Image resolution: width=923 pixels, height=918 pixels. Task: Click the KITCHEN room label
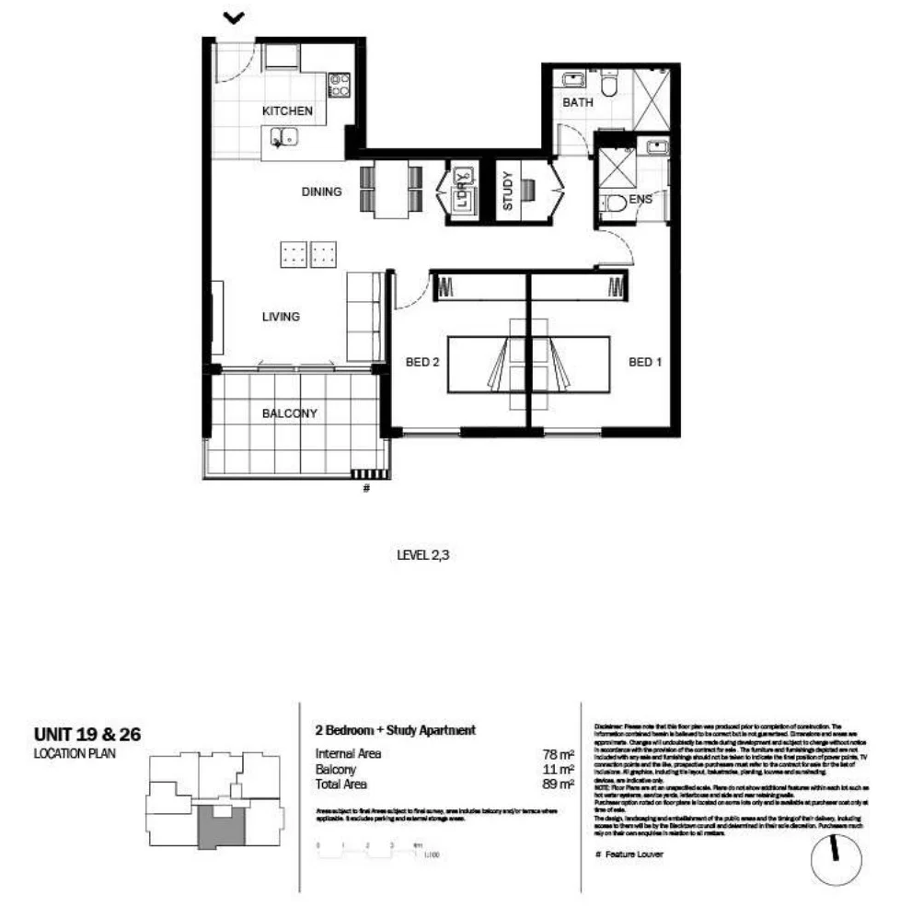[288, 110]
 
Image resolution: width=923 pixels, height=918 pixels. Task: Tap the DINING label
[322, 192]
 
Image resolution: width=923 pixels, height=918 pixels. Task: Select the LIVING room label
[281, 317]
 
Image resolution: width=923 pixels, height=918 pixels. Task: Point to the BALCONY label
[290, 413]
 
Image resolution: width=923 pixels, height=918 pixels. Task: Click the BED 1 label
[645, 363]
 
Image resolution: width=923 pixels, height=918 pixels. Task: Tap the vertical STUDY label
[507, 192]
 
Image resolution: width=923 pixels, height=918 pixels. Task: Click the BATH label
[578, 103]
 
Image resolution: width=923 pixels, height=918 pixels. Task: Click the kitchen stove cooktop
[339, 86]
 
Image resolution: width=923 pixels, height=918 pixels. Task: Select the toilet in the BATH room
[607, 85]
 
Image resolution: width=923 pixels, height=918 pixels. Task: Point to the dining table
[391, 190]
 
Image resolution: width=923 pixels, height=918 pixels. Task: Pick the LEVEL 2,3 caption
[424, 555]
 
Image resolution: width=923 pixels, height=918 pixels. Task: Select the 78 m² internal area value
[559, 754]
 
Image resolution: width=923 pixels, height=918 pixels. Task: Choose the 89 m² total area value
[559, 784]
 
